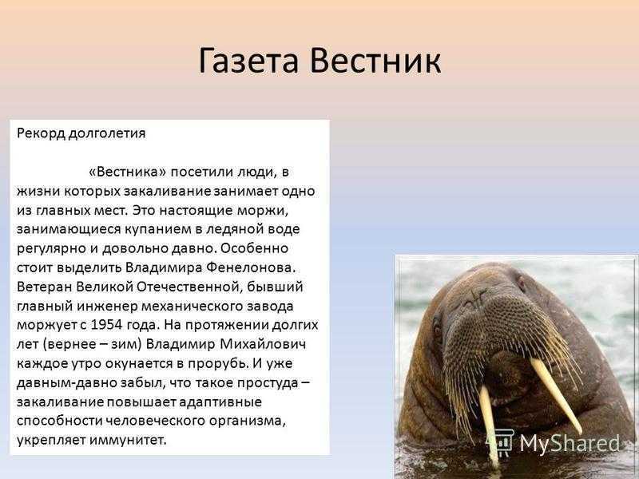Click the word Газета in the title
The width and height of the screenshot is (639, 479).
(x=248, y=61)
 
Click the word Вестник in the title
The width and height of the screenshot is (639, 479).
(x=375, y=61)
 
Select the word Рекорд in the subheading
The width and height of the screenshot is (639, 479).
(x=41, y=134)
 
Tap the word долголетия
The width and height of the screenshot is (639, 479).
(x=107, y=134)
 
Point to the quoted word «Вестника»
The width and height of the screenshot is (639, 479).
(x=128, y=172)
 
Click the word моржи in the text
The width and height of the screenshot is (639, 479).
(x=266, y=211)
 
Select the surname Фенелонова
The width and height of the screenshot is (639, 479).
(x=250, y=268)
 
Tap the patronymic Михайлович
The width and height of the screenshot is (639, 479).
(x=263, y=344)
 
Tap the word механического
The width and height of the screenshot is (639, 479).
(x=189, y=307)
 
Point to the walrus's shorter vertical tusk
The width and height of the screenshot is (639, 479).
(x=488, y=424)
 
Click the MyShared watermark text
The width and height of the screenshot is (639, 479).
(x=570, y=443)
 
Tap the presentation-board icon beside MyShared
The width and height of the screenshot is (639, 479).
(x=501, y=442)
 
